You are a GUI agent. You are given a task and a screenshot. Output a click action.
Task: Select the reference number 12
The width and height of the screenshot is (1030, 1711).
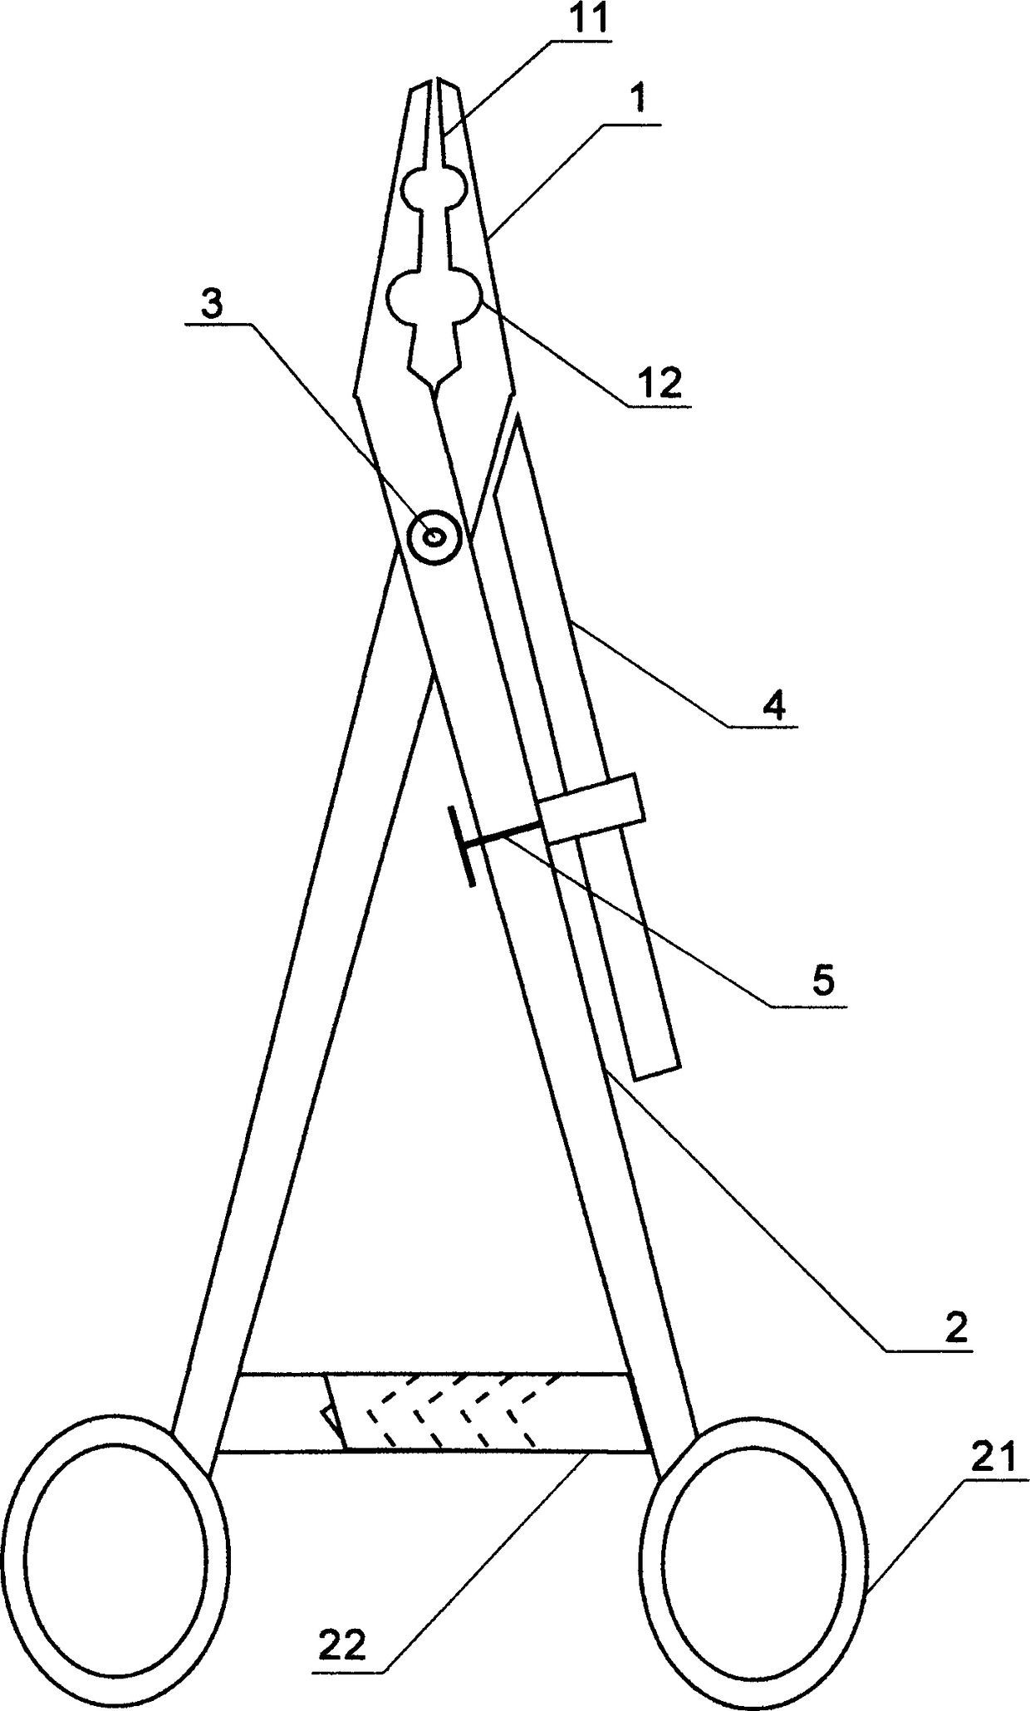coord(660,383)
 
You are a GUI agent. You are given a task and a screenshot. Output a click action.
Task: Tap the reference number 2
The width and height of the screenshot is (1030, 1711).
coord(956,1330)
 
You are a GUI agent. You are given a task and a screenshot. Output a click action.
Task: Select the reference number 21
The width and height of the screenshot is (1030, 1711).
coord(995,1459)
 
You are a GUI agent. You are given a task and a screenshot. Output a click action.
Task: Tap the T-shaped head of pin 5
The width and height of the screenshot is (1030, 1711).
coord(461,846)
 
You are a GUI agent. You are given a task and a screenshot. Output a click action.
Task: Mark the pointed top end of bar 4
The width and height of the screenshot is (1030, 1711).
coord(517,418)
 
